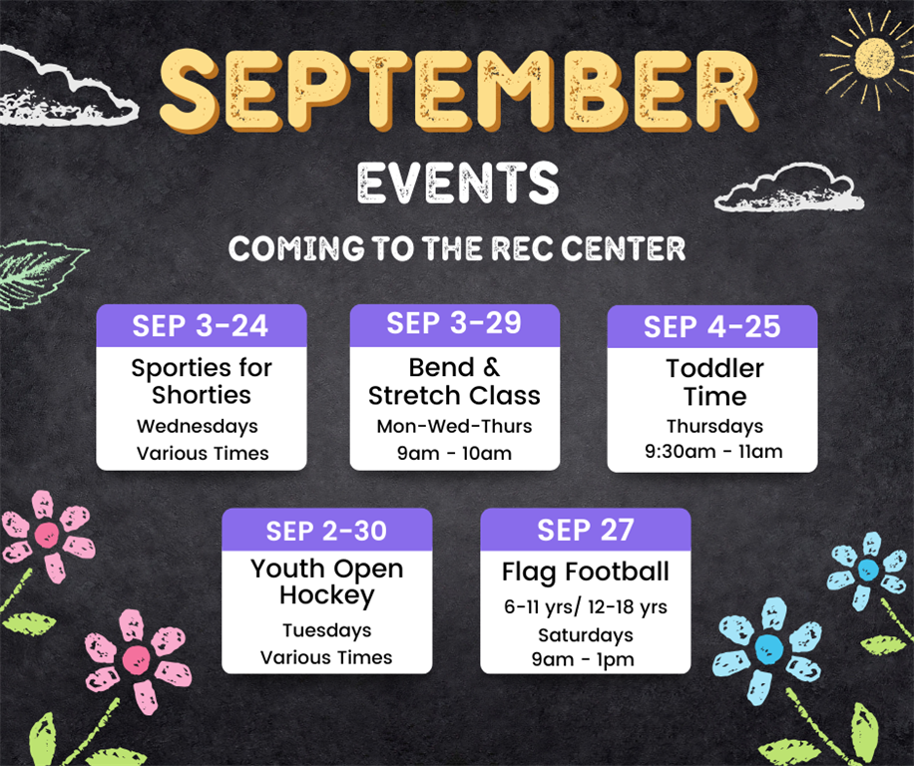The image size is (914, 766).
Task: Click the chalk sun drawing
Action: tap(872, 58)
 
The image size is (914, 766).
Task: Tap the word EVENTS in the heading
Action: tap(458, 183)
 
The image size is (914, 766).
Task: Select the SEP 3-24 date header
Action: tap(202, 325)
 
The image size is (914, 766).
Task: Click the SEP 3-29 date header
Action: tap(455, 324)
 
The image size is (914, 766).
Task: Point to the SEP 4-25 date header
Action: tap(712, 327)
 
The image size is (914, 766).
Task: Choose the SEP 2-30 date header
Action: tap(327, 531)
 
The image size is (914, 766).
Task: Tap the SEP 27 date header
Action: tap(586, 530)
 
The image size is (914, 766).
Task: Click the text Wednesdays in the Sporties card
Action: tap(198, 427)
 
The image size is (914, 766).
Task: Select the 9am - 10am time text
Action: tap(455, 453)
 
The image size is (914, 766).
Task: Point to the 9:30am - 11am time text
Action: tap(713, 452)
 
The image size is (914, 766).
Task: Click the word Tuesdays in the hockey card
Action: tap(327, 630)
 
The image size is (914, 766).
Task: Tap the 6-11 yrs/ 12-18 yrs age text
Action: tap(586, 607)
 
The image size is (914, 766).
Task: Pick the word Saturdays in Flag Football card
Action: tap(586, 635)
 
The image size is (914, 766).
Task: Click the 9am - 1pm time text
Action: tap(583, 660)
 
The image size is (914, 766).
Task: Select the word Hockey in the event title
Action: tap(327, 595)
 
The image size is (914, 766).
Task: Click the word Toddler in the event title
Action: tap(715, 369)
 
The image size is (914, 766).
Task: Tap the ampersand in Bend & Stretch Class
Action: tap(491, 368)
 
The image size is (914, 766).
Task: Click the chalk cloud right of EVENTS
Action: tap(789, 189)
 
